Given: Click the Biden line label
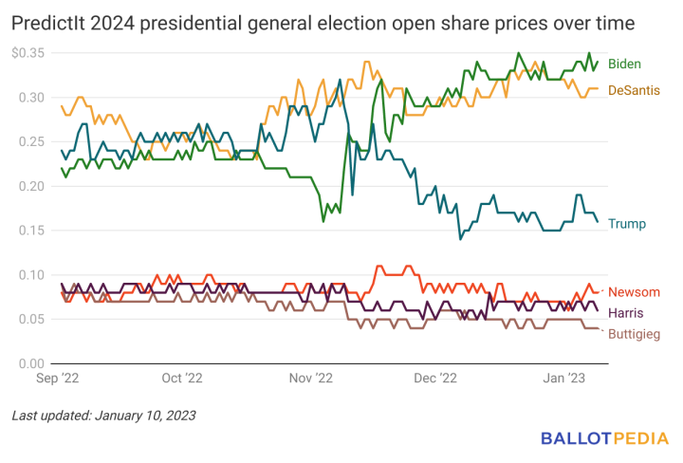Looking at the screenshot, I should pyautogui.click(x=623, y=64).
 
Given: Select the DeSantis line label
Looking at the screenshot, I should pyautogui.click(x=634, y=90).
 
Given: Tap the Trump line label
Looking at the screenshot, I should pyautogui.click(x=626, y=224).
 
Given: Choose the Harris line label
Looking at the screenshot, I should pyautogui.click(x=626, y=312).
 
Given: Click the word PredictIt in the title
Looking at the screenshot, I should pyautogui.click(x=48, y=20).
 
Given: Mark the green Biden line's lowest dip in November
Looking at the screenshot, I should pyautogui.click(x=323, y=221).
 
